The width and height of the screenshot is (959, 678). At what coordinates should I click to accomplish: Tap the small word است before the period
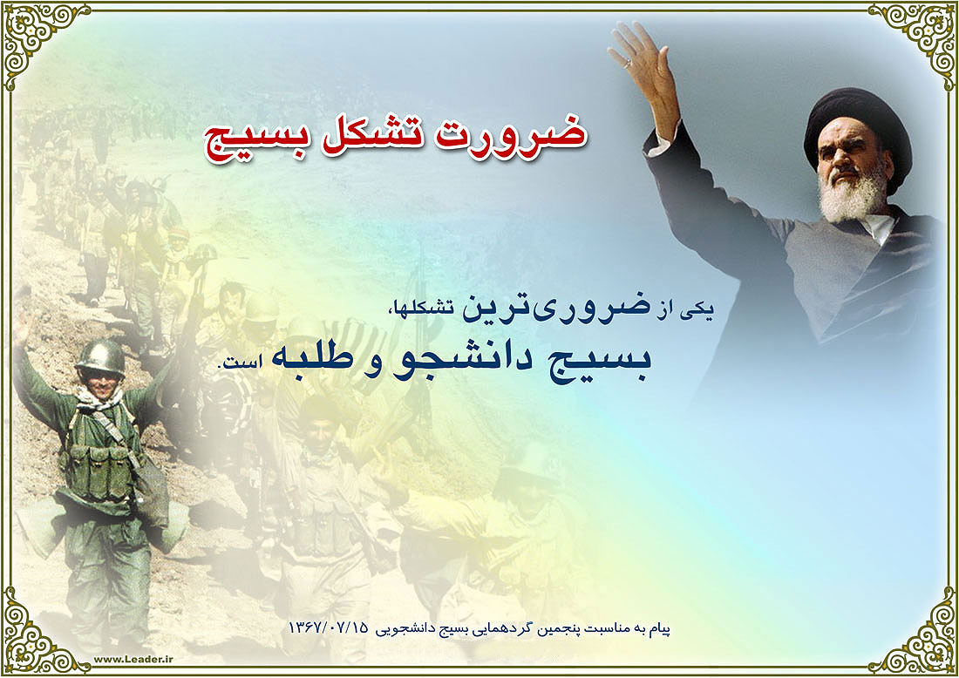(x=242, y=363)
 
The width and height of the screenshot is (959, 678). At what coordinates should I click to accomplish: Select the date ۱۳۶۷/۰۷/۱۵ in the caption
(x=329, y=627)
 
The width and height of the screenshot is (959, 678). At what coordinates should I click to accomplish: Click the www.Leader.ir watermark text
(x=133, y=659)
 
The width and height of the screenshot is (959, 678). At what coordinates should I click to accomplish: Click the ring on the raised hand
(x=627, y=63)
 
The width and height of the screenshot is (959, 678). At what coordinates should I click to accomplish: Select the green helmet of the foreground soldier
(x=101, y=356)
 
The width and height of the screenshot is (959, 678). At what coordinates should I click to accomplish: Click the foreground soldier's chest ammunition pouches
(x=99, y=471)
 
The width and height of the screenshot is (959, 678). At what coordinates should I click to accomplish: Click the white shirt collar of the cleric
(x=878, y=228)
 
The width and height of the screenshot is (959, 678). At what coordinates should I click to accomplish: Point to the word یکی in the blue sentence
(x=700, y=310)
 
